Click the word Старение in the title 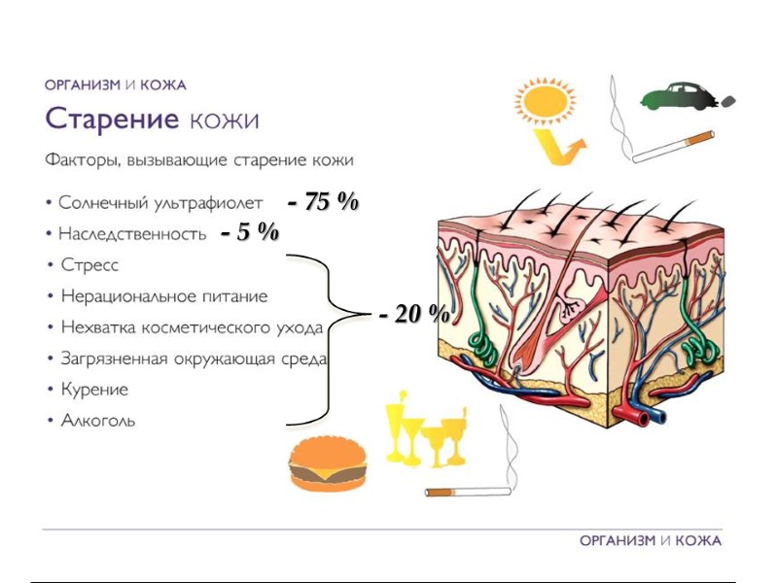point(112,120)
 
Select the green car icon point(679,97)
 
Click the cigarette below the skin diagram point(468,491)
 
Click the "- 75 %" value point(324,202)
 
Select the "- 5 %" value point(250,232)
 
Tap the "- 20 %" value point(414,314)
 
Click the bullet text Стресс point(89,264)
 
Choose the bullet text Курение point(94,390)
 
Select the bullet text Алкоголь point(98,421)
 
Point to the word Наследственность point(132,234)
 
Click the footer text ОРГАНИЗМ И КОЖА point(650,540)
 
